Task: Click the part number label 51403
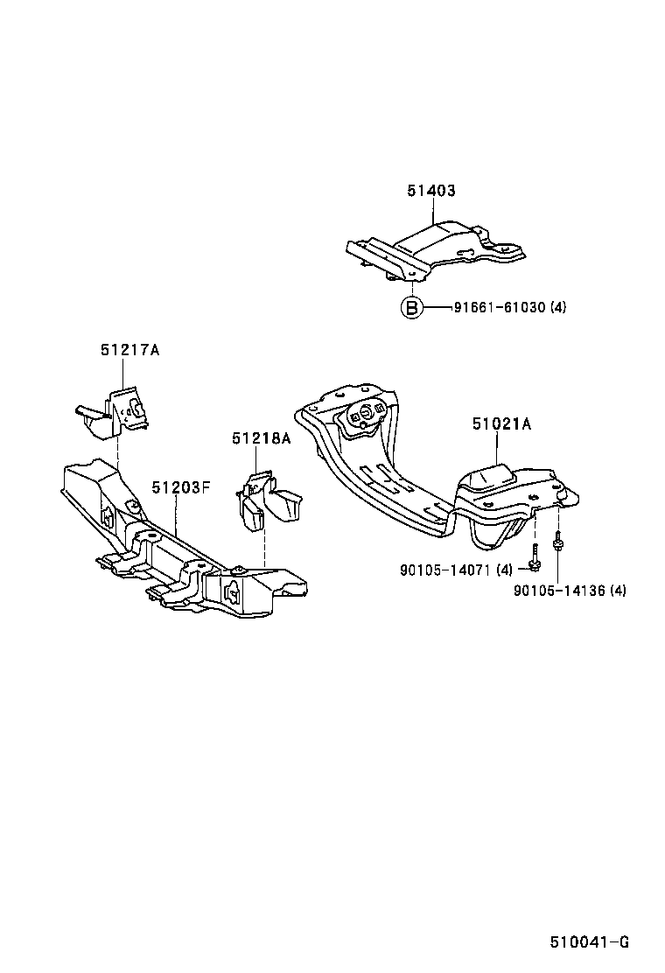point(431,191)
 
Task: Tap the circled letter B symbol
point(411,307)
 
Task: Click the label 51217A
point(129,350)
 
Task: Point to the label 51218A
point(261,438)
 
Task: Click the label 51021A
point(502,424)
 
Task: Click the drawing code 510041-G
point(590,942)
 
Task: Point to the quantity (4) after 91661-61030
point(559,308)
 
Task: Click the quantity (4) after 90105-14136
point(618,591)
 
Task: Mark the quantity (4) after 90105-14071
point(504,570)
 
